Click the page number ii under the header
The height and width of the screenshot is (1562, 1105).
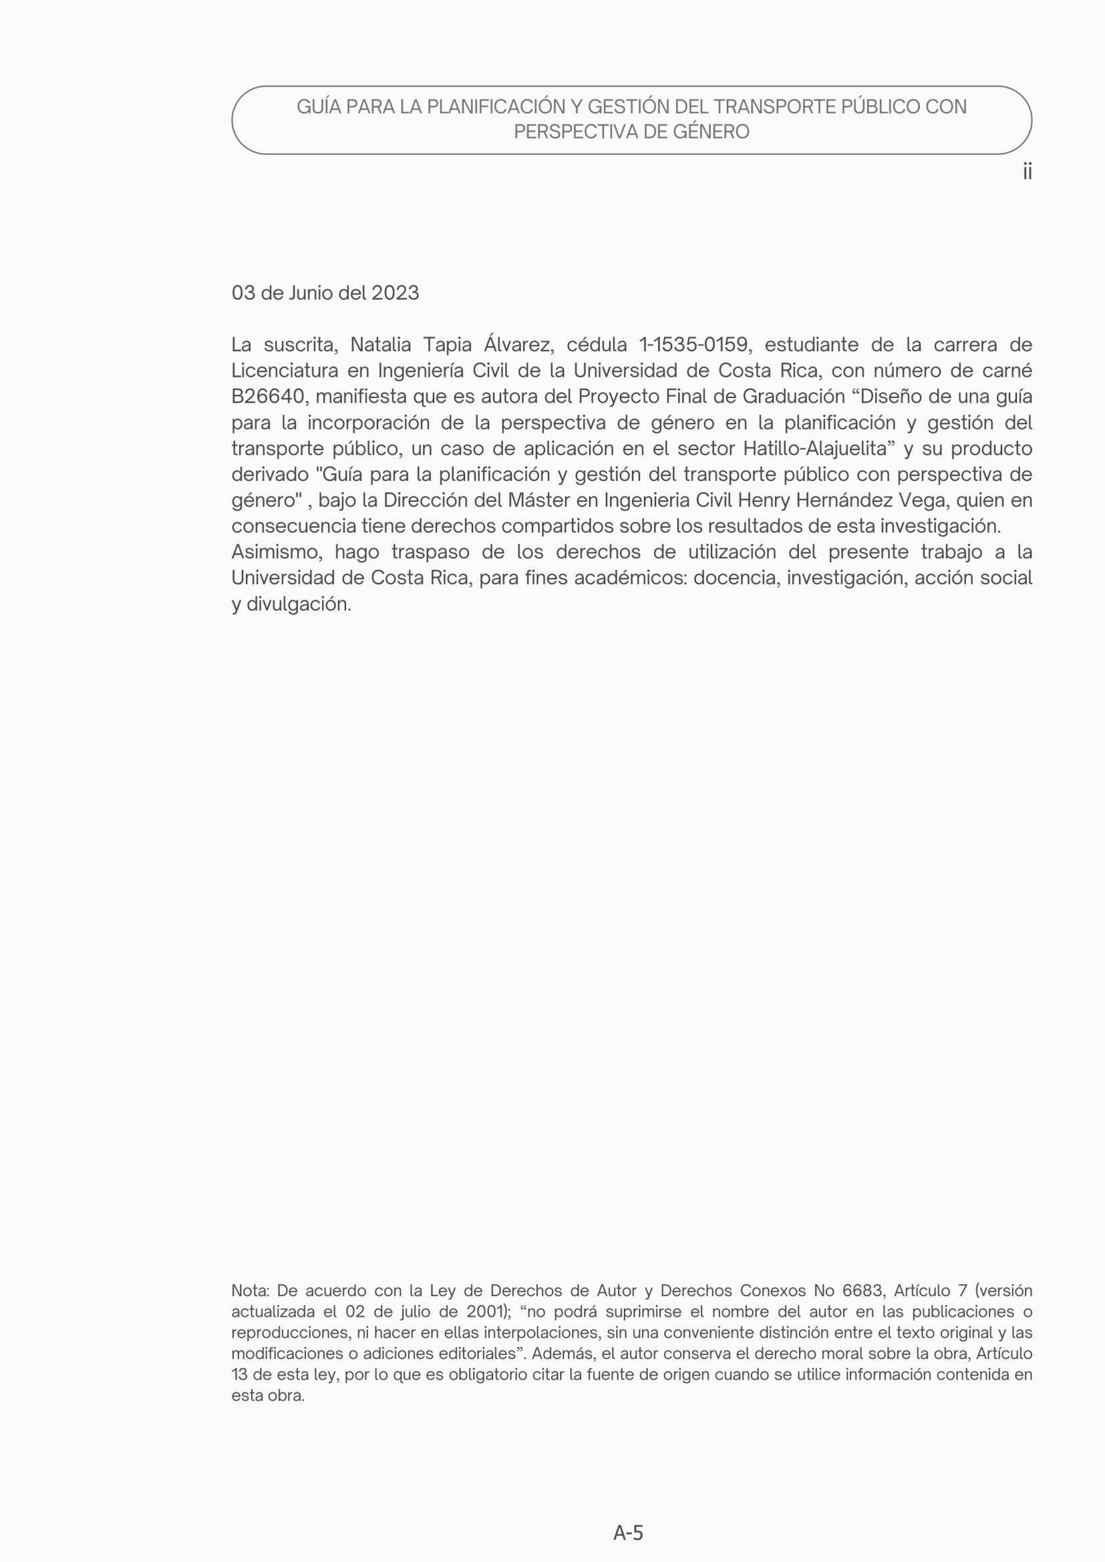1027,172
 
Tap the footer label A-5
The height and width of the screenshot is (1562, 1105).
627,1532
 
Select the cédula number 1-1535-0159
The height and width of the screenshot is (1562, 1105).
695,345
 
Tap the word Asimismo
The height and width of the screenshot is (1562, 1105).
277,552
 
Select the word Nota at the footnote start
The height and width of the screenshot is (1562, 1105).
251,1291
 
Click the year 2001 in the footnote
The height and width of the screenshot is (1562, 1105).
484,1312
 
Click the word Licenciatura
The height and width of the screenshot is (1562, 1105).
285,371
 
